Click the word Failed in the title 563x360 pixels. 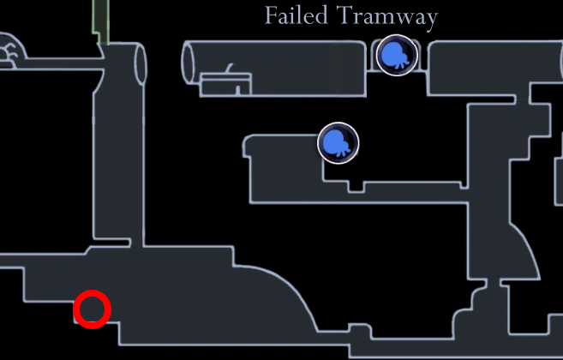[x=296, y=15]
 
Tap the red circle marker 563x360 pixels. [x=92, y=309]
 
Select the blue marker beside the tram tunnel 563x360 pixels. [x=397, y=55]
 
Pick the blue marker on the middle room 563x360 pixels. [x=338, y=143]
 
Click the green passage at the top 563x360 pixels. [x=101, y=22]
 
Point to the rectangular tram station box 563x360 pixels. [x=226, y=85]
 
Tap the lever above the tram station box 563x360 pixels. [x=229, y=68]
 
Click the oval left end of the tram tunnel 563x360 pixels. [x=189, y=63]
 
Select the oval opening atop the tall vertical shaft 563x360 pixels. [x=141, y=64]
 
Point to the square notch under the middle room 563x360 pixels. [x=356, y=187]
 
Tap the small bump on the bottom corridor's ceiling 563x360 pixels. [x=361, y=330]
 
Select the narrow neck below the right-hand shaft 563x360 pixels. [x=494, y=284]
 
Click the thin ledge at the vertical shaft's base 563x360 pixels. [x=111, y=243]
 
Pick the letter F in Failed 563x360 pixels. [x=272, y=15]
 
